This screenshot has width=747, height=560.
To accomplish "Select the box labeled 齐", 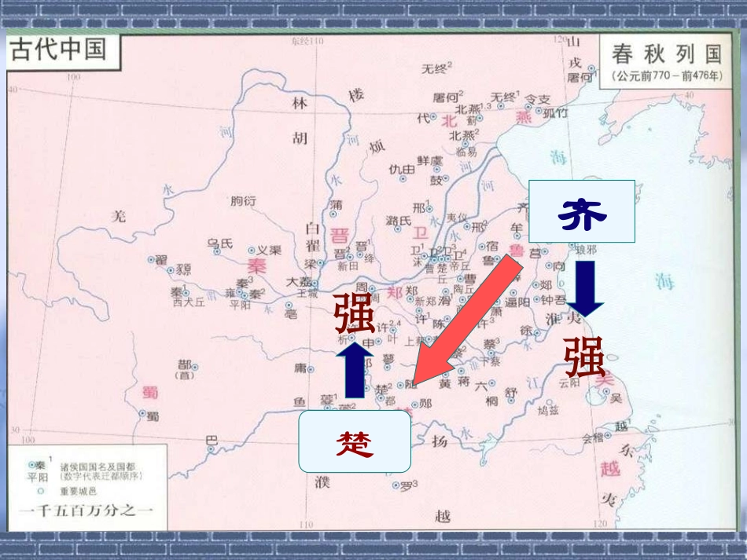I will pyautogui.click(x=581, y=211).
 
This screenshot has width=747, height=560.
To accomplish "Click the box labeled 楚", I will pyautogui.click(x=355, y=441).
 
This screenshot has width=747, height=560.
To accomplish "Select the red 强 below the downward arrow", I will pyautogui.click(x=584, y=357).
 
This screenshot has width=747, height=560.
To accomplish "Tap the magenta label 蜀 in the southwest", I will pyautogui.click(x=148, y=392).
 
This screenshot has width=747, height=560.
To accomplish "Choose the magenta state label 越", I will pyautogui.click(x=610, y=469).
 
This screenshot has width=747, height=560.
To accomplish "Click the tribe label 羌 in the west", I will pyautogui.click(x=118, y=216).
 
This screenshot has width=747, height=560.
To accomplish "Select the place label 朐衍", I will pyautogui.click(x=243, y=202).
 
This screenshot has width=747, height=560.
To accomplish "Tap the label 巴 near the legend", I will pyautogui.click(x=210, y=440).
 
